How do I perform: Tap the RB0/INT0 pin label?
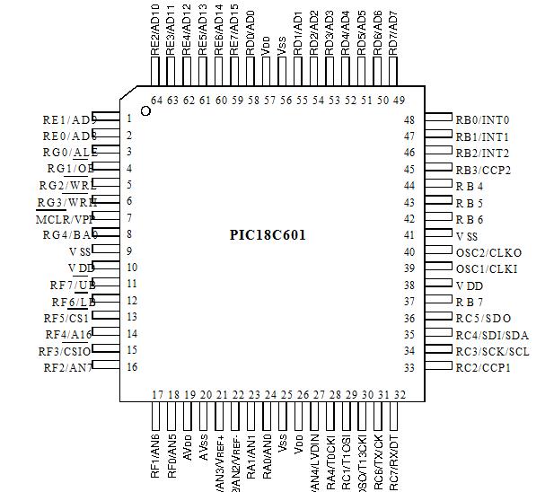click(x=482, y=119)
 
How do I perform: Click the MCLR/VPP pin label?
click(x=65, y=218)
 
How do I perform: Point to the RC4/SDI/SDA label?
click(x=491, y=335)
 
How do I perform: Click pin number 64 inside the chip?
click(x=157, y=100)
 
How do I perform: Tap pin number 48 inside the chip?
click(x=409, y=119)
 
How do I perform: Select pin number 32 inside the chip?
click(x=399, y=395)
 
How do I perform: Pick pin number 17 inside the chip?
click(x=157, y=395)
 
